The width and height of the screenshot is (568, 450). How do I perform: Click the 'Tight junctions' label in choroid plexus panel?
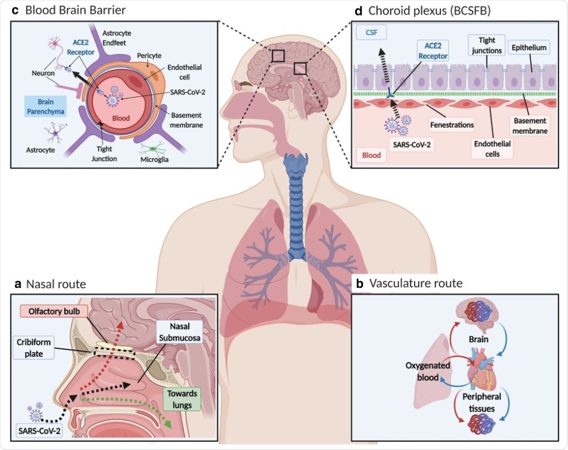click(486, 45)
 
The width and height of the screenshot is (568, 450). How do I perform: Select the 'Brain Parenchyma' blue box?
click(46, 107)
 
